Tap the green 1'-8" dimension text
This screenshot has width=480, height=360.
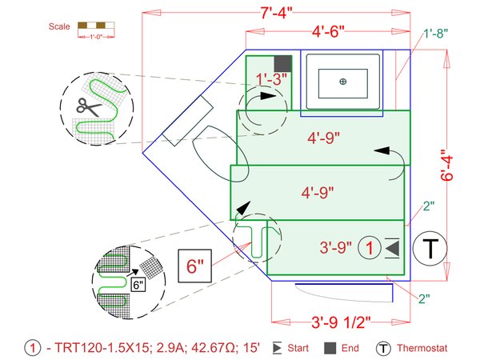[x=436, y=33]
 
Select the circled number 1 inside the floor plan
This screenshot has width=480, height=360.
[x=368, y=248]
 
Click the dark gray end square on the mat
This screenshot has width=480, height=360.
[x=282, y=63]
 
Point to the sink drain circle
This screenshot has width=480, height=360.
[x=342, y=82]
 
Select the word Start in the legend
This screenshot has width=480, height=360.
[x=298, y=349]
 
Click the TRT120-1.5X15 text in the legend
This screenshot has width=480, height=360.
[x=97, y=349]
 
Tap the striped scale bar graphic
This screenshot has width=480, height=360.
[x=95, y=27]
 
